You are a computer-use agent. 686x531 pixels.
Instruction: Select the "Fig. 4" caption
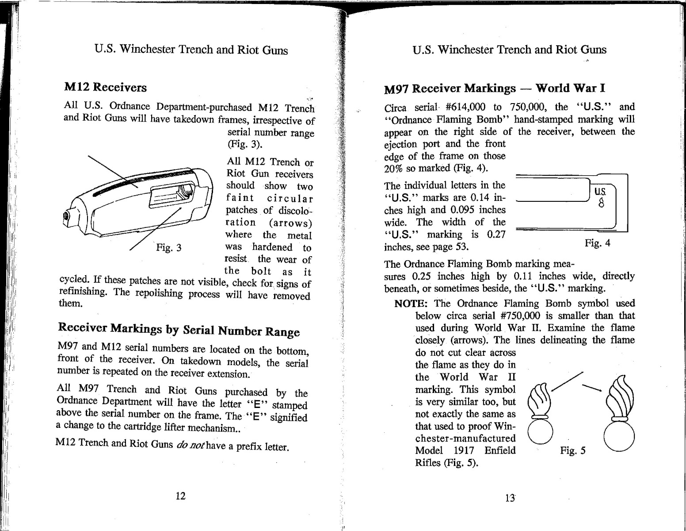(598, 243)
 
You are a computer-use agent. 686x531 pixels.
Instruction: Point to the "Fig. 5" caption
(573, 450)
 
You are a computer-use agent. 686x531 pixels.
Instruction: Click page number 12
(180, 495)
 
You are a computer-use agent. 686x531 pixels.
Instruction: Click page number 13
(511, 498)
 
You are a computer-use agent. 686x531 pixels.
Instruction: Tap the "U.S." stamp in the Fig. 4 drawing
(600, 192)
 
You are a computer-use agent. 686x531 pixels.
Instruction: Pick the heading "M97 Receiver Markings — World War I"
(495, 88)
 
